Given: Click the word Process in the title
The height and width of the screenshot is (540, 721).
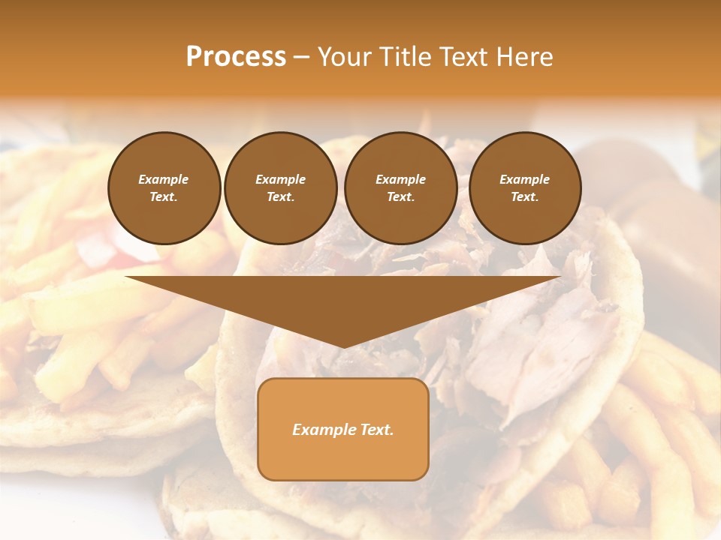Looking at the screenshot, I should (x=236, y=57).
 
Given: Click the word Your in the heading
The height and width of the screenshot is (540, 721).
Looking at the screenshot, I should (x=345, y=57).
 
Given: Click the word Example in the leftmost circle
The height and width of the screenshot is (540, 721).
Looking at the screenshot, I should (x=164, y=179).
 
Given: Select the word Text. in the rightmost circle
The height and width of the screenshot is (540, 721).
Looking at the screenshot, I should (x=525, y=196).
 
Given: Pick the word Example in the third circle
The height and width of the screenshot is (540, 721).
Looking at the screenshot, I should (x=400, y=179).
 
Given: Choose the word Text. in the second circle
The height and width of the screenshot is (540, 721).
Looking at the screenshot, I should (x=281, y=196).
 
